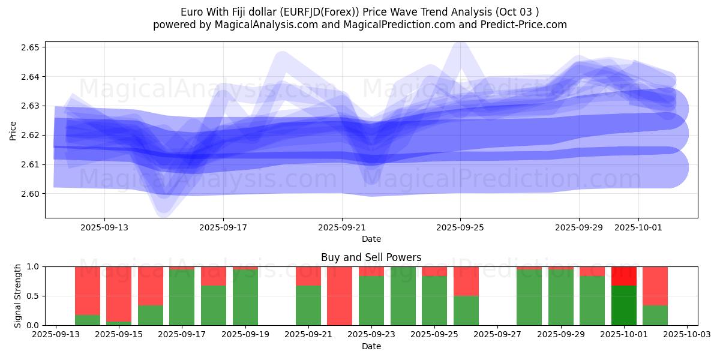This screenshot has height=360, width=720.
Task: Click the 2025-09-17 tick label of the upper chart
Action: [223, 228]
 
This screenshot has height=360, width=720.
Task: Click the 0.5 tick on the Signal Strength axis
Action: [34, 296]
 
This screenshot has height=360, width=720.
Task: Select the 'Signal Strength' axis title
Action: [18, 296]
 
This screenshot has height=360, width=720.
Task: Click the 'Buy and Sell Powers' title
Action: [371, 257]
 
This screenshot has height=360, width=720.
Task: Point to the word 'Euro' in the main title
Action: [193, 12]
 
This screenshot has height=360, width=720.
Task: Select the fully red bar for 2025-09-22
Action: [340, 296]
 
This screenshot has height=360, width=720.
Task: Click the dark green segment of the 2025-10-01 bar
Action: [624, 305]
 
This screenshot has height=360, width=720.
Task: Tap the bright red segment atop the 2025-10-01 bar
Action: [624, 276]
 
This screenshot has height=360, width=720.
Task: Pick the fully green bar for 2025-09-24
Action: [403, 296]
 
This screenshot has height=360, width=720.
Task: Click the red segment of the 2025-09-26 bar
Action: [466, 281]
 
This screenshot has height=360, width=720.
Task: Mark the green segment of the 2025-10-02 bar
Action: [655, 315]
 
